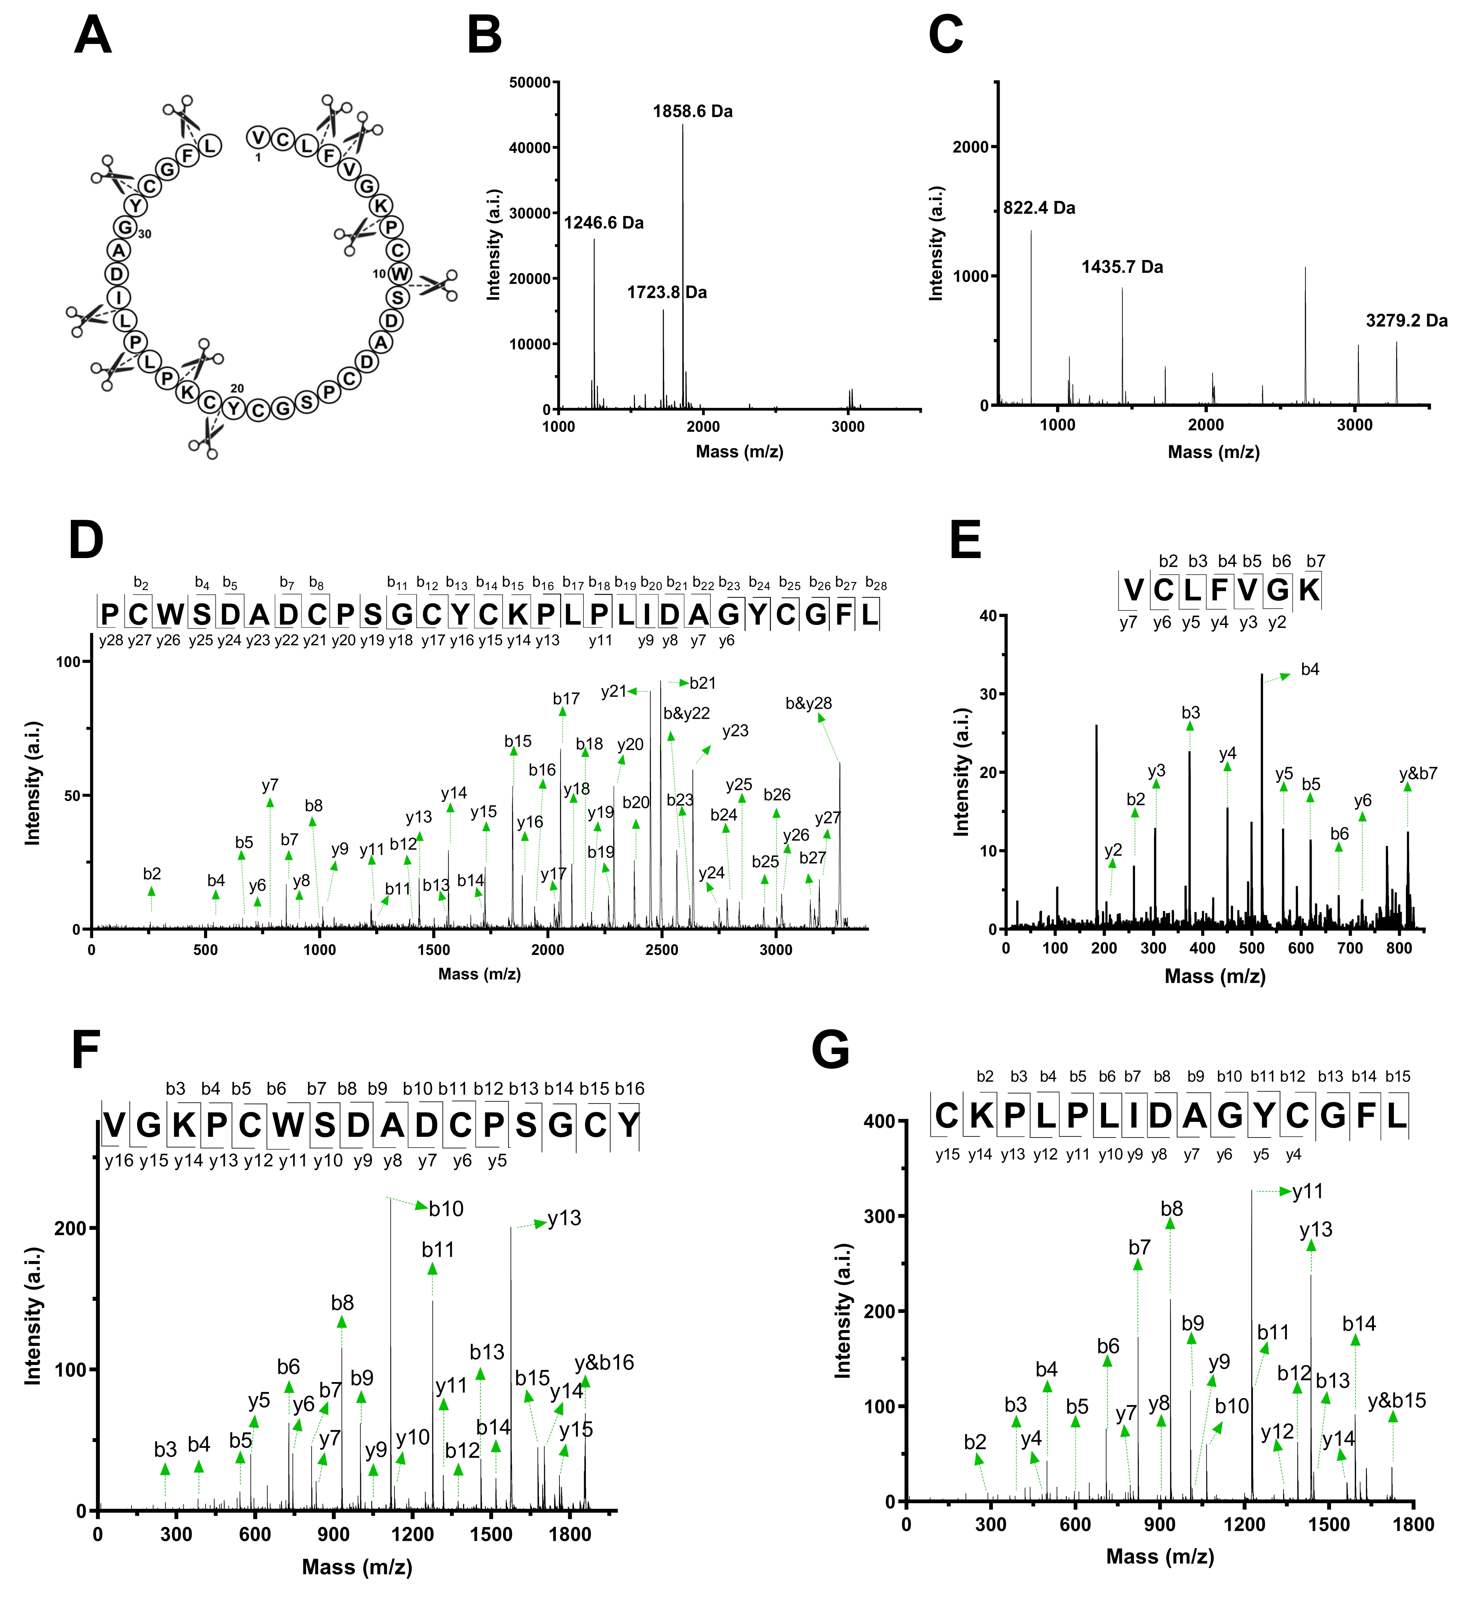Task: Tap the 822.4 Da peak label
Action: point(1039,209)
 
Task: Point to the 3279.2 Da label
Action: point(1407,321)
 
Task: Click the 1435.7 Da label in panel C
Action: point(1122,267)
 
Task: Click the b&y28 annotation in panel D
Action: point(808,704)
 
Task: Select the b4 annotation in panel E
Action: point(1310,669)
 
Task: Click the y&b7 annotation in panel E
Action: point(1418,774)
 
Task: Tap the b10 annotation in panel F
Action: point(446,1209)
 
